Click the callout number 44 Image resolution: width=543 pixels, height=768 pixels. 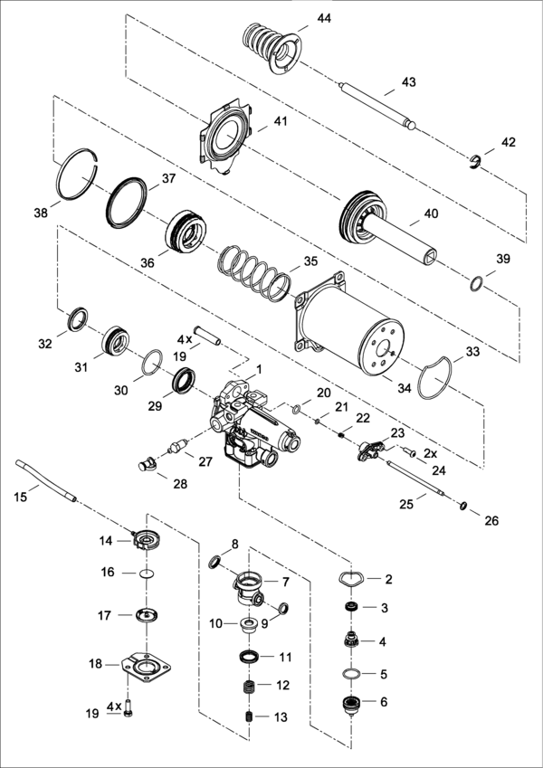pyautogui.click(x=324, y=19)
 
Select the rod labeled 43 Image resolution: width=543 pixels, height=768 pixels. pyautogui.click(x=378, y=106)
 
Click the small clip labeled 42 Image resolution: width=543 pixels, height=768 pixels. pyautogui.click(x=475, y=163)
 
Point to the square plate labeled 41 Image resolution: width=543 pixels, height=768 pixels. pyautogui.click(x=226, y=137)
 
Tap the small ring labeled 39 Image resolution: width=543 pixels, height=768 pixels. pyautogui.click(x=477, y=284)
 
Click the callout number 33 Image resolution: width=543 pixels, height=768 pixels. pyautogui.click(x=473, y=352)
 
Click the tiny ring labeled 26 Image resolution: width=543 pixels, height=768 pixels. pyautogui.click(x=462, y=506)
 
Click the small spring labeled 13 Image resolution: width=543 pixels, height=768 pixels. pyautogui.click(x=250, y=716)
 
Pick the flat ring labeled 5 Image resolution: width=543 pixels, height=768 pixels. pyautogui.click(x=352, y=675)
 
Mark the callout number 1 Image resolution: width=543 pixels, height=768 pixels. pyautogui.click(x=259, y=370)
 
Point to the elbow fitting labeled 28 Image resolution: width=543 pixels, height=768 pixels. pyautogui.click(x=147, y=463)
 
